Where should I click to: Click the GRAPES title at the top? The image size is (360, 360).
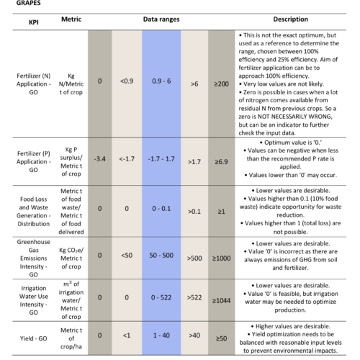(28, 3)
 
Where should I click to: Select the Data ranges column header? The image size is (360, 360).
(161, 19)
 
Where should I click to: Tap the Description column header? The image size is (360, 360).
(290, 19)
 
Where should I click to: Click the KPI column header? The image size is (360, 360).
(34, 22)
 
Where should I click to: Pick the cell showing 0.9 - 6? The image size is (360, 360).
(161, 81)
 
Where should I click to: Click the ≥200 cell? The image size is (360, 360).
(221, 84)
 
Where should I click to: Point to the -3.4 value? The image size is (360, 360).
(99, 159)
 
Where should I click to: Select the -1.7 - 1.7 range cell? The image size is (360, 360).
(161, 159)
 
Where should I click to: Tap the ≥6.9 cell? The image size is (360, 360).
(221, 162)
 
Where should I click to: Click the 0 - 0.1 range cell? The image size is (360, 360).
(161, 209)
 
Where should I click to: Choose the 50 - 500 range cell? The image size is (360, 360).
(161, 256)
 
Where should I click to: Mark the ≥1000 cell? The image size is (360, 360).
(221, 258)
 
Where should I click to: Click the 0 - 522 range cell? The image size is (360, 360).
(161, 297)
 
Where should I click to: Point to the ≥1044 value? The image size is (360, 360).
(221, 300)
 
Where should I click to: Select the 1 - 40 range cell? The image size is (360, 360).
(161, 336)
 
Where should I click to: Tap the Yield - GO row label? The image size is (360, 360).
(34, 338)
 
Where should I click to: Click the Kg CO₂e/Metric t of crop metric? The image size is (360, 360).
(71, 258)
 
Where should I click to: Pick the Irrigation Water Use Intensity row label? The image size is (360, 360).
(34, 300)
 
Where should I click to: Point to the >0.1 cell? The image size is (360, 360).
(194, 212)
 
